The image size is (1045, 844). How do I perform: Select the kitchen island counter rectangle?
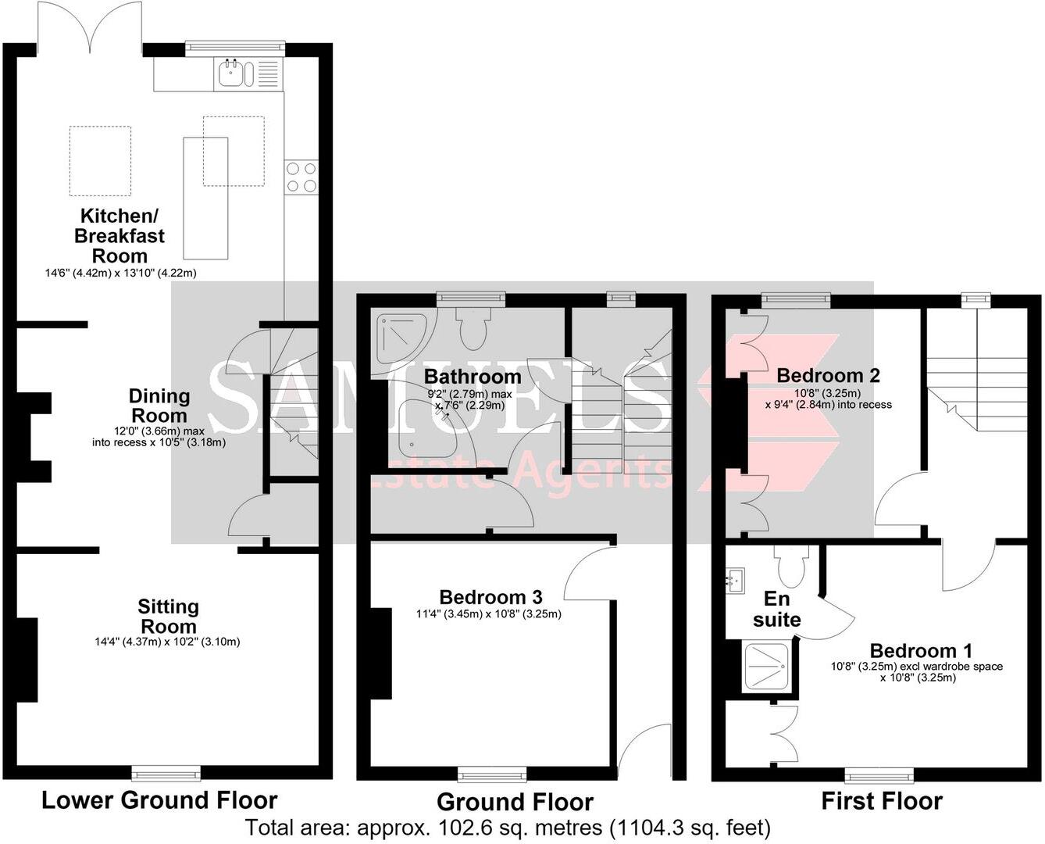[x=205, y=198]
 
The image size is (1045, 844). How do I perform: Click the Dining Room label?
[x=159, y=406]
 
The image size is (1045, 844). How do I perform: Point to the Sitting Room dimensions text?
[x=167, y=642]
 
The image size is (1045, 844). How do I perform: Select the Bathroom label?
[x=473, y=377]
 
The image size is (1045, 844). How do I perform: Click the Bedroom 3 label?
[x=490, y=597]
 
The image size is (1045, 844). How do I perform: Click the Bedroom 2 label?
[x=828, y=375]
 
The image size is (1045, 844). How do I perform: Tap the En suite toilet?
[x=791, y=566]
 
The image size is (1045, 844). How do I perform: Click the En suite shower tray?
[x=766, y=666]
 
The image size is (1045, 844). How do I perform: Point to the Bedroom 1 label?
[x=920, y=650]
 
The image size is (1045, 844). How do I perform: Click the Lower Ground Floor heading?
[x=159, y=799]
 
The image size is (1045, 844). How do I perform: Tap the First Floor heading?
[x=882, y=801]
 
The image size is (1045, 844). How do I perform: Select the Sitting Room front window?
[x=166, y=774]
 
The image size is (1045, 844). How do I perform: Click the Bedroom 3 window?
[x=492, y=774]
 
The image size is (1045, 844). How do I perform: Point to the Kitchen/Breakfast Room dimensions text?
[x=121, y=273]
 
